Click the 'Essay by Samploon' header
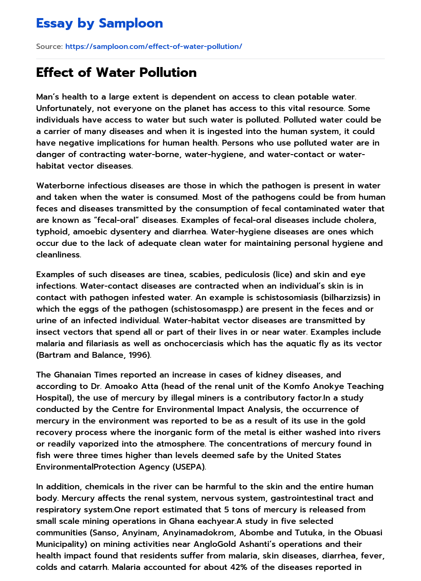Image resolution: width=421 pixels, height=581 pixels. [99, 23]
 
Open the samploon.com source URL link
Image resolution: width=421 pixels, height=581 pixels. [153, 46]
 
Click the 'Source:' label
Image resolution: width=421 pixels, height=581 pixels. [49, 46]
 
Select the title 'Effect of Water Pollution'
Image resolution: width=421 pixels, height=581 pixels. [116, 72]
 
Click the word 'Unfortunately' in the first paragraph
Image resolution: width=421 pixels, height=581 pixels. [62, 109]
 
